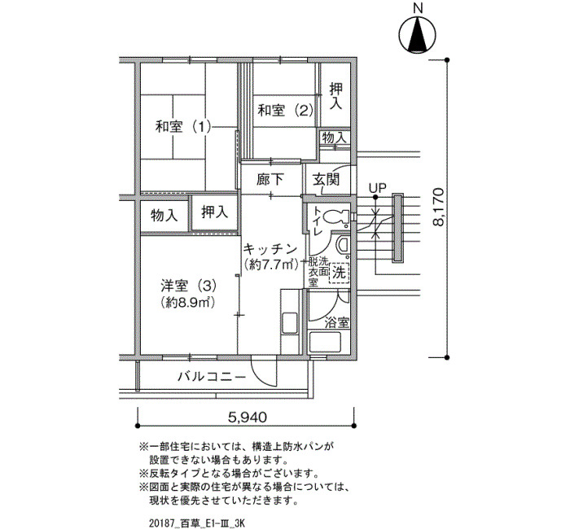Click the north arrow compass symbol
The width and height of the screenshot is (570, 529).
tap(417, 35)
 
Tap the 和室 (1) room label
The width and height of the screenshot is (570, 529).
tap(183, 127)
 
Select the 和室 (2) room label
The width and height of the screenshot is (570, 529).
tap(285, 110)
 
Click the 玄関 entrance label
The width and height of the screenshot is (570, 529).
tap(327, 179)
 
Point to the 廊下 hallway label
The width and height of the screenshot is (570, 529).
tap(270, 179)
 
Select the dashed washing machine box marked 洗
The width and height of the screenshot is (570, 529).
tap(339, 273)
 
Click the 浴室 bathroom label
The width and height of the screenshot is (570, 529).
tap(337, 322)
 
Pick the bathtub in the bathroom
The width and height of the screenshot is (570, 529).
tap(325, 342)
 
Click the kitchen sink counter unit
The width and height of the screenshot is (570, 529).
tap(290, 321)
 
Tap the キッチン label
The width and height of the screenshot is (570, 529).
tap(270, 249)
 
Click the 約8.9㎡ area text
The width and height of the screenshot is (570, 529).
tap(187, 302)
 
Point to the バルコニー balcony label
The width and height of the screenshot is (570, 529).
tap(212, 377)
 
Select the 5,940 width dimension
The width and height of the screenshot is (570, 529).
tap(248, 418)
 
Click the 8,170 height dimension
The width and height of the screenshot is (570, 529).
tap(439, 208)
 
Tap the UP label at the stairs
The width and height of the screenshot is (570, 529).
tap(377, 188)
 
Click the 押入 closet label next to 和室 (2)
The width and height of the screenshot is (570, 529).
tap(335, 96)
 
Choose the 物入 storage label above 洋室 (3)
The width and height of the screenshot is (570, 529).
tap(164, 216)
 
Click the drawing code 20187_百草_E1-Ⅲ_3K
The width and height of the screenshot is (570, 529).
tap(197, 522)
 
